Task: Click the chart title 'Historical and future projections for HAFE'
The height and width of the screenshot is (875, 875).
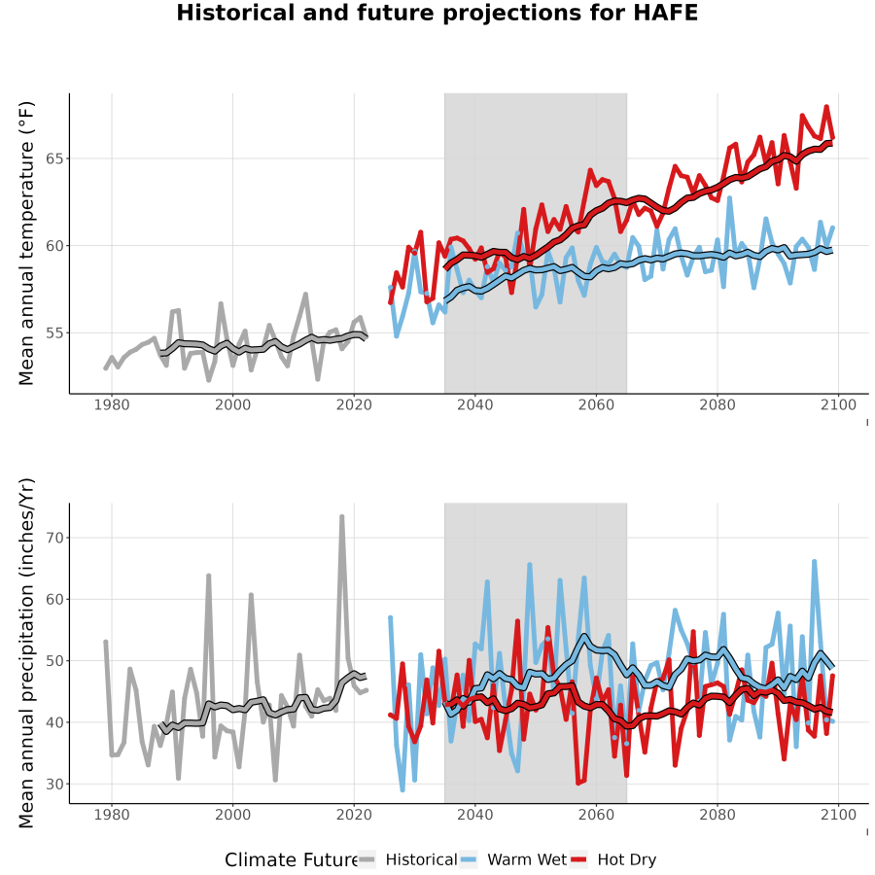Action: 437,13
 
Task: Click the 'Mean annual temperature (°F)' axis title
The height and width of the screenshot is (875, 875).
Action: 26,243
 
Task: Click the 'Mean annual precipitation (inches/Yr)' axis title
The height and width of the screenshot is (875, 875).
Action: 26,653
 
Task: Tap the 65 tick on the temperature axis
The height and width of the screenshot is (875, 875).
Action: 54,158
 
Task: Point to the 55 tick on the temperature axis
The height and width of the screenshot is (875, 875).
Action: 54,332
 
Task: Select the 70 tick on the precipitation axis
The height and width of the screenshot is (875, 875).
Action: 54,538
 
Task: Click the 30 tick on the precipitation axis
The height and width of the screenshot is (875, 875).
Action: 54,784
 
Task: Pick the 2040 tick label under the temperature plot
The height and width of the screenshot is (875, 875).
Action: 474,404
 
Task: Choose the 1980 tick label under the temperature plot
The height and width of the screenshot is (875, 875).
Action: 112,404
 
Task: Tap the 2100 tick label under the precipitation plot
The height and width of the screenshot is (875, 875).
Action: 838,815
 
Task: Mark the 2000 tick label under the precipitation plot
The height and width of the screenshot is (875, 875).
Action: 232,815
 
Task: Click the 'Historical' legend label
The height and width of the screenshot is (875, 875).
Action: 421,859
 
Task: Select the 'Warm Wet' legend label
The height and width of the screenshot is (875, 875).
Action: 527,859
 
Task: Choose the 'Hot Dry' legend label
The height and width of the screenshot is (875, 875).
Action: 627,860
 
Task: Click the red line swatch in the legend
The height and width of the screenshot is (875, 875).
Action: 578,860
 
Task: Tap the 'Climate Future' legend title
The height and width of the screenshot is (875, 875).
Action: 292,860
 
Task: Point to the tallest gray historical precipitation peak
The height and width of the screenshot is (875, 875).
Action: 342,517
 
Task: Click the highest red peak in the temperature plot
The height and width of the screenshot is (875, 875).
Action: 826,107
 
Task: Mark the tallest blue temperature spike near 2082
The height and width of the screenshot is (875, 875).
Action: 729,198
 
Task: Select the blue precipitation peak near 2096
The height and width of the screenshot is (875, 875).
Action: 814,562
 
